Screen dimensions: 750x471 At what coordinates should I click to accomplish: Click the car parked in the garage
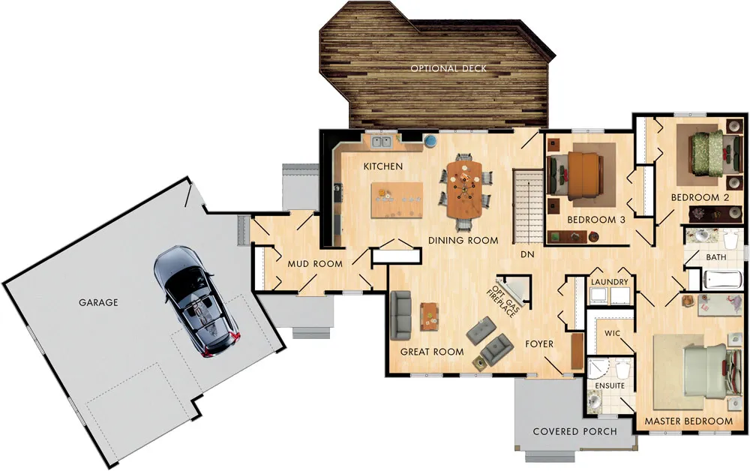[x=196, y=301]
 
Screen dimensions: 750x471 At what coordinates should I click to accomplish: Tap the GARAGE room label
[x=98, y=302]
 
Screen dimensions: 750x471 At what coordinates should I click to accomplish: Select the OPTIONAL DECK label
[x=448, y=68]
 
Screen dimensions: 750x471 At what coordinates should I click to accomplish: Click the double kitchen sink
[x=381, y=142]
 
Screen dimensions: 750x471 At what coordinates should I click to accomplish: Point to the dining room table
[x=464, y=188]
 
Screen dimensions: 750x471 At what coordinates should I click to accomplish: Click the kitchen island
[x=397, y=199]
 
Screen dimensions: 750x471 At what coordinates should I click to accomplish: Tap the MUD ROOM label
[x=315, y=263]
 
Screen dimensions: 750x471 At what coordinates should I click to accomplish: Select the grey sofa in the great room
[x=400, y=315]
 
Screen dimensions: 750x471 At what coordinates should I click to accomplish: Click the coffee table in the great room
[x=430, y=316]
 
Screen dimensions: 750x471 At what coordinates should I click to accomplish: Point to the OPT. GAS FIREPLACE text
[x=502, y=301]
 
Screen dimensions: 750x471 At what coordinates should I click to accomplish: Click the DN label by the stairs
[x=527, y=255]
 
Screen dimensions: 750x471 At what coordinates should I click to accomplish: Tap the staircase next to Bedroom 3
[x=528, y=206]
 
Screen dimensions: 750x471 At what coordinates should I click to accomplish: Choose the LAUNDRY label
[x=609, y=282]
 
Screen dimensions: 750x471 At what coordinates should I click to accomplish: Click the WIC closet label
[x=612, y=333]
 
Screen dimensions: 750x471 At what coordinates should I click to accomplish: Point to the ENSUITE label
[x=610, y=385]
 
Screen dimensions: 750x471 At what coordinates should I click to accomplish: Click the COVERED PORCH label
[x=575, y=431]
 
